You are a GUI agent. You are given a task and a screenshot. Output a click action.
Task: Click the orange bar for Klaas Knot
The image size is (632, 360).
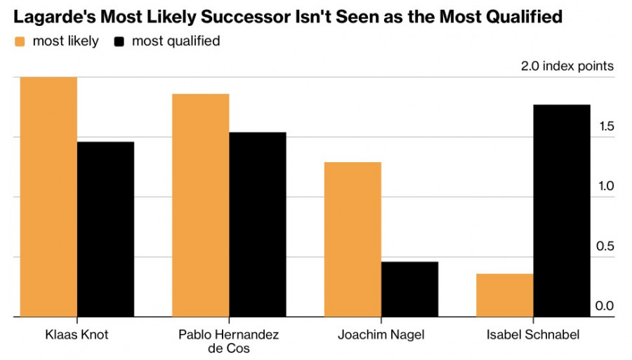(x=48, y=196)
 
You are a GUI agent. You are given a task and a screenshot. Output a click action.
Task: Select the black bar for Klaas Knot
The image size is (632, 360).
(x=105, y=229)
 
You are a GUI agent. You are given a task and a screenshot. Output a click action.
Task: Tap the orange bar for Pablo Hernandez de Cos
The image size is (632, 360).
(x=200, y=205)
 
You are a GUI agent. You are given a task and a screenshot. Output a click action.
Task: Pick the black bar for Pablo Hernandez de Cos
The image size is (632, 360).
(x=257, y=225)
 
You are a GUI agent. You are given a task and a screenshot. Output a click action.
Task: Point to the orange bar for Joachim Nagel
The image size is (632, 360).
(x=353, y=239)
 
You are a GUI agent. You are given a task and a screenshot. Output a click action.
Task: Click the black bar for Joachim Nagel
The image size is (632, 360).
(x=409, y=289)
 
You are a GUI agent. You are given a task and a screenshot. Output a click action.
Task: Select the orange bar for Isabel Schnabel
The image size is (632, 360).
(x=504, y=295)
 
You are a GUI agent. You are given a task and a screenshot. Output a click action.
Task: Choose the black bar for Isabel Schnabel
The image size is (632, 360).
(x=562, y=211)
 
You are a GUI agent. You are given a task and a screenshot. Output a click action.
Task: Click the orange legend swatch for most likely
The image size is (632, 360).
(x=20, y=41)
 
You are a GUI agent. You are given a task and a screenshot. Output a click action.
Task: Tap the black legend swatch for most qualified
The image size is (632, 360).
(x=119, y=41)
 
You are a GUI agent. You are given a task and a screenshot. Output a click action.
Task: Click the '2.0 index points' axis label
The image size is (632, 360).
(x=567, y=67)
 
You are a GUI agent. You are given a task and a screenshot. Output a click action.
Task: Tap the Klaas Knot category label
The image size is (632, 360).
(x=77, y=335)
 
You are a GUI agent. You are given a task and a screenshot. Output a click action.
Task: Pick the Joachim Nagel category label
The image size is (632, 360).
(x=381, y=335)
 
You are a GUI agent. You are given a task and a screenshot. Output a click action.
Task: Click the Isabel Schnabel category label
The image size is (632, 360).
(x=533, y=335)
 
